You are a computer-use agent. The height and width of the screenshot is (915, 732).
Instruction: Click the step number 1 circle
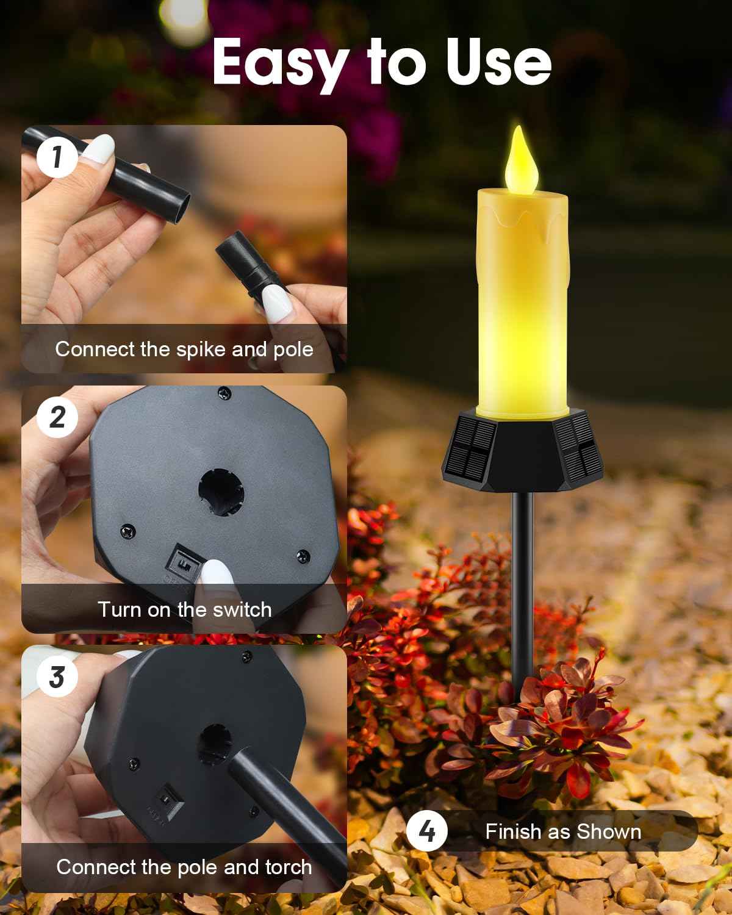coord(57,157)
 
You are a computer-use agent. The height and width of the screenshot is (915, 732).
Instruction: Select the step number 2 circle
coord(57,417)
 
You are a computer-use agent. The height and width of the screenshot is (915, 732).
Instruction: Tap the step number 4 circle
coord(427,831)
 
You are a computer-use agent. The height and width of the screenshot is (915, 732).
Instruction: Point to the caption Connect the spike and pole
coord(184,349)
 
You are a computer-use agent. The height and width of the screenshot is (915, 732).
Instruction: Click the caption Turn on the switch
coord(184,609)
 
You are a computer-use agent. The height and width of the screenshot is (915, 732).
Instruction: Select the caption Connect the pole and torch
coord(184,867)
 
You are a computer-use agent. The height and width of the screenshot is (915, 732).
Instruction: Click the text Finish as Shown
coord(562,831)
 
